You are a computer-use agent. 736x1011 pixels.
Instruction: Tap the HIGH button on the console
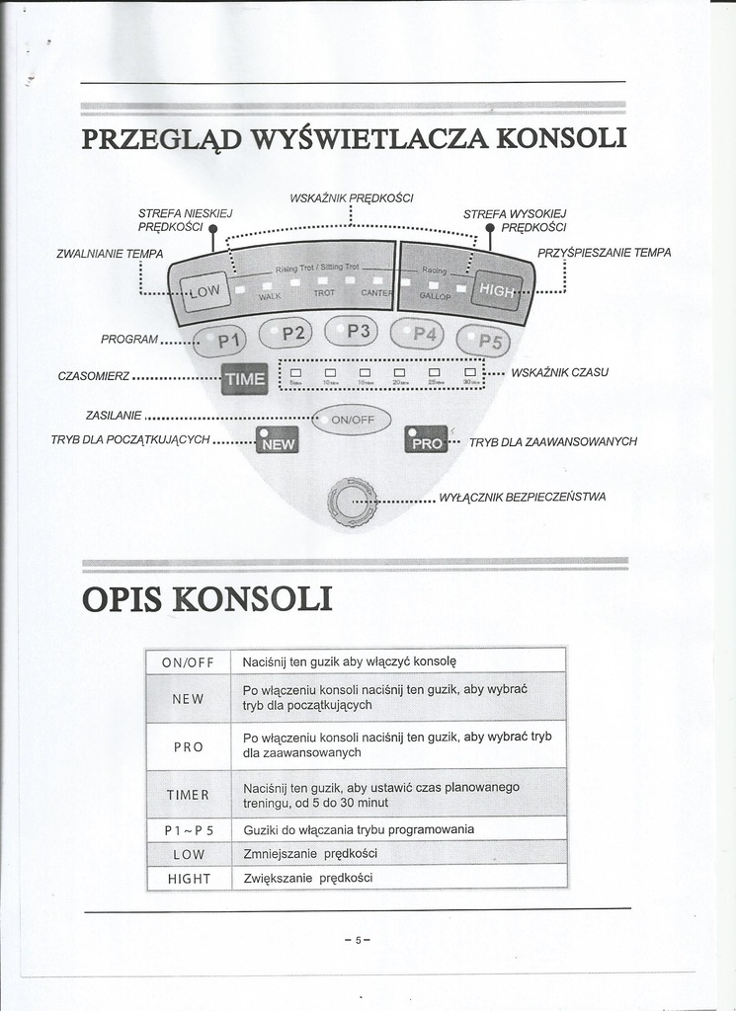tap(497, 290)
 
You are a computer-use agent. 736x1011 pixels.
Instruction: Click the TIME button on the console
tap(244, 378)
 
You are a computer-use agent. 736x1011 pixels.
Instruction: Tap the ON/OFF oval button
tap(352, 420)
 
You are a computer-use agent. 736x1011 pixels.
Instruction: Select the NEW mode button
tap(278, 442)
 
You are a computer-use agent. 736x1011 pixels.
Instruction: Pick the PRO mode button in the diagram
tap(427, 441)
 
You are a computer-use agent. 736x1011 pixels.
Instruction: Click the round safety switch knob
tap(353, 502)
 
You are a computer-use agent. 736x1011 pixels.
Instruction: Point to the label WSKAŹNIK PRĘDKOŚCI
tap(351, 197)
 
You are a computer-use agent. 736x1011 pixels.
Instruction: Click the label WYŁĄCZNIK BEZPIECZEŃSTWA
tap(522, 497)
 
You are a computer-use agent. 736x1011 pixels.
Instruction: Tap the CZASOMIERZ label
tap(94, 376)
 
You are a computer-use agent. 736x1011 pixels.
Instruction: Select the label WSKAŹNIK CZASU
tap(559, 372)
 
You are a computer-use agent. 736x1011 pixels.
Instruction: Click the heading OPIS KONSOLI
tap(206, 598)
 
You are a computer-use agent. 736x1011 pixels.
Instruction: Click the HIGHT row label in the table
tap(189, 878)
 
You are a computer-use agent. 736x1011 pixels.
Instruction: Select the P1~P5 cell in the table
tap(189, 830)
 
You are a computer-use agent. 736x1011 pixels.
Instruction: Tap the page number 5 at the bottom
tap(358, 940)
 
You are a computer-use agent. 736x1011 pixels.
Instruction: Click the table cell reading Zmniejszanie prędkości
tap(310, 853)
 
